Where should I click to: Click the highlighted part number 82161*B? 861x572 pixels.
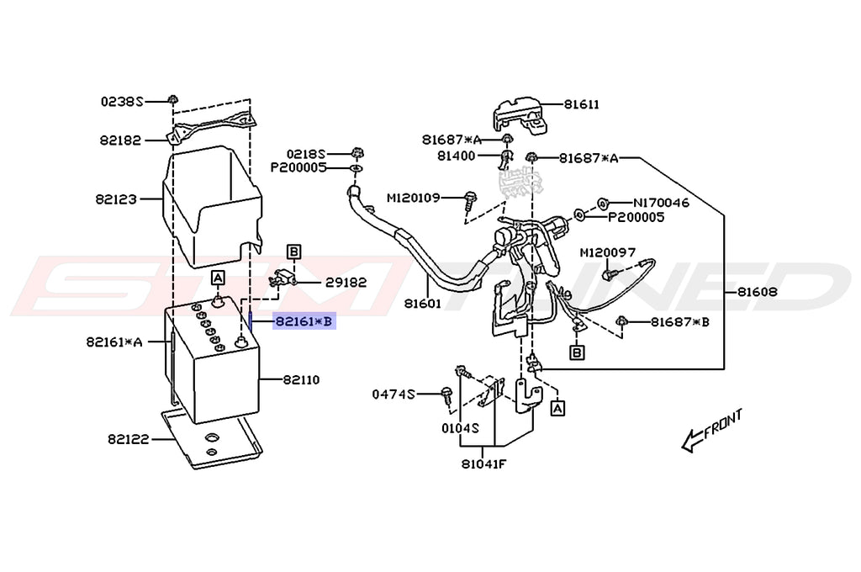pos(304,321)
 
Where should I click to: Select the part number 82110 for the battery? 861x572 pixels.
pos(302,379)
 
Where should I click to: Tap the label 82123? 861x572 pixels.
pos(116,199)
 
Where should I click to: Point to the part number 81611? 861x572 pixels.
pos(582,104)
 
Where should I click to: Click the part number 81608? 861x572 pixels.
pos(758,292)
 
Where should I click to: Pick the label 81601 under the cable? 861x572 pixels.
pos(423,304)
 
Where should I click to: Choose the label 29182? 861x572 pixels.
pos(346,283)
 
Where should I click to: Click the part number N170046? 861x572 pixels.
pos(661,203)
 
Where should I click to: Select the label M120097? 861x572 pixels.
pos(608,252)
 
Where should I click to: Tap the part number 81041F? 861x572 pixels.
pos(483,464)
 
